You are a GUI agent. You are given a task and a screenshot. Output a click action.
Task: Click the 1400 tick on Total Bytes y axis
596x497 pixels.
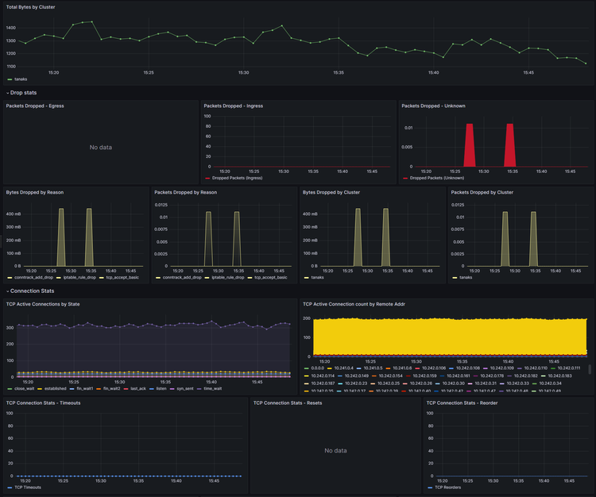(x=11, y=27)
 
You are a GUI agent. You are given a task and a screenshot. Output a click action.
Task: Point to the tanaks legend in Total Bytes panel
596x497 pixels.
(x=21, y=79)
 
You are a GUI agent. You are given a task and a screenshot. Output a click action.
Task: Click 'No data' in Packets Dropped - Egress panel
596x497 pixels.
(x=100, y=147)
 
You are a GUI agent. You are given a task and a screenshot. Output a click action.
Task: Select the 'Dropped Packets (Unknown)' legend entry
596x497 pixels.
(x=438, y=178)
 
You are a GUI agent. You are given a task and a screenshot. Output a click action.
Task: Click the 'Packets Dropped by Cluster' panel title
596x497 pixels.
(x=482, y=192)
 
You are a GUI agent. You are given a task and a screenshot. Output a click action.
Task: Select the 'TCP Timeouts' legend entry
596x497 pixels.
(x=28, y=487)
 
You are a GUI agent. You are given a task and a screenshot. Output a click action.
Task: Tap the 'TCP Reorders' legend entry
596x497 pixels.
(x=450, y=487)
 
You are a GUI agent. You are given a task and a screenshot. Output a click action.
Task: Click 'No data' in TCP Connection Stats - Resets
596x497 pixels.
(x=335, y=450)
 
